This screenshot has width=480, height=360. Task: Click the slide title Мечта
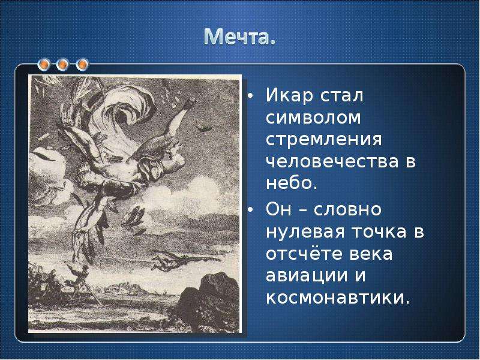tap(239, 37)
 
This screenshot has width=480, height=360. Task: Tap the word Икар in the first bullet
tap(290, 95)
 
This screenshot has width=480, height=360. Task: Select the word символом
tap(313, 118)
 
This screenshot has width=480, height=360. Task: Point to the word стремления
tap(324, 140)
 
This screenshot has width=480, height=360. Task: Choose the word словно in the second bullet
tap(347, 209)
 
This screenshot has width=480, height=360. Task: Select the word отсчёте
tap(306, 253)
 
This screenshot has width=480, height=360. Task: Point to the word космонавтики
tap(338, 297)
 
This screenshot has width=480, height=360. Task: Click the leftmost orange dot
tap(44, 64)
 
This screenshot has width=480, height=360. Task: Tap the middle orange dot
tap(63, 64)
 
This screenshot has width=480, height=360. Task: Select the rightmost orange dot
tap(82, 64)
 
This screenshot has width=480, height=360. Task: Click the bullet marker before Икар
tap(250, 96)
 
